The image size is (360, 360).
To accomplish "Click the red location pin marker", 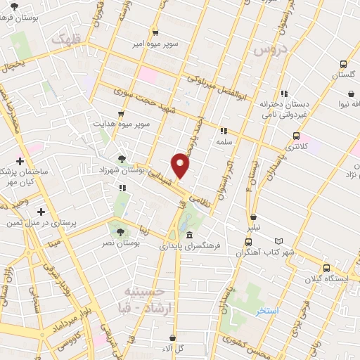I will click(x=182, y=165).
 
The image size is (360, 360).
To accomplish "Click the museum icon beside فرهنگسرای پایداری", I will click(x=190, y=236).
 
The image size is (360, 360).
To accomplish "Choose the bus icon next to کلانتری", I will click(x=296, y=136).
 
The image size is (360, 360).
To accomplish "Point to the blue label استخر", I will click(x=267, y=311).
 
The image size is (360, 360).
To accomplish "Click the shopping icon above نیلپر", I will click(x=253, y=217).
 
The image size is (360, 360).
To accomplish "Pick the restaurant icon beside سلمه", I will click(x=224, y=130).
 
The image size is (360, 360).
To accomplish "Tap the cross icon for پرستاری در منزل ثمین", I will click(x=41, y=212).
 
